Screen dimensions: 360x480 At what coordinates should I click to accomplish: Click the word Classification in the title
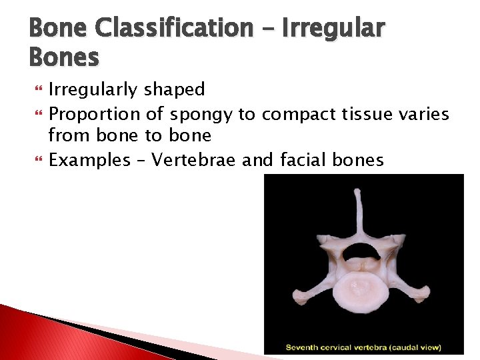pyautogui.click(x=175, y=28)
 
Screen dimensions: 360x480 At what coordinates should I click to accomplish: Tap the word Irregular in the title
pyautogui.click(x=335, y=28)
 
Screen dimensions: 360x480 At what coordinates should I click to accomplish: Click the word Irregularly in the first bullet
pyautogui.click(x=93, y=90)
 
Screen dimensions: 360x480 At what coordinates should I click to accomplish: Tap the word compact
pyautogui.click(x=298, y=115)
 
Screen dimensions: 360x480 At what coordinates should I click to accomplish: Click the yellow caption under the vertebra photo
pyautogui.click(x=363, y=347)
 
